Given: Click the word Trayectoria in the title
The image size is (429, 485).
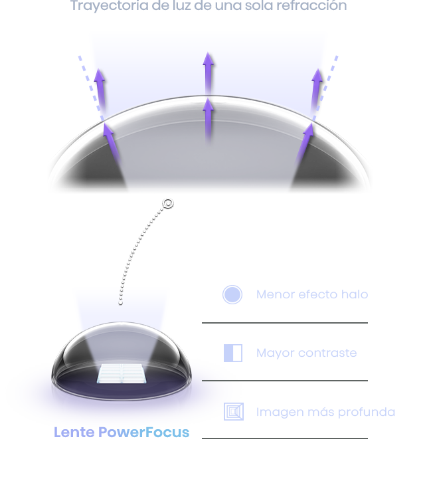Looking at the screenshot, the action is coord(109,5).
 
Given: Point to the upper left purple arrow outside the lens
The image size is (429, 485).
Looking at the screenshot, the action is coord(100,90).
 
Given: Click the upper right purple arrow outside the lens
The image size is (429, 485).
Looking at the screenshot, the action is coord(316,90).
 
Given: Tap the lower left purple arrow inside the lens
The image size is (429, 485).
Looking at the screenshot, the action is coord(111,142).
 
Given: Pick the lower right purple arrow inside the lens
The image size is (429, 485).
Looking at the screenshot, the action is coord(305,142).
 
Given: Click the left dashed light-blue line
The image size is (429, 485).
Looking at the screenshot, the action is coord(91,88).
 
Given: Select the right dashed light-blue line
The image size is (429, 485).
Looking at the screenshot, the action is coord(325,88).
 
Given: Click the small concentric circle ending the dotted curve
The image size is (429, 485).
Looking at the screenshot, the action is coord(168,203).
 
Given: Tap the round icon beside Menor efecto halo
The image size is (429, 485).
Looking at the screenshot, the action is coord(232,294).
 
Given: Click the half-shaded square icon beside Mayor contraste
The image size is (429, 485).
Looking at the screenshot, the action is coord(233,353).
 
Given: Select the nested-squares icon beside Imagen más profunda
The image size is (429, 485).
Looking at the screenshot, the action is coord(234,412).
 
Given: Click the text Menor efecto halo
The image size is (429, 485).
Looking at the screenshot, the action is coord(312,294).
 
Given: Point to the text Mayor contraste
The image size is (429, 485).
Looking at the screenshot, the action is coord(307,353).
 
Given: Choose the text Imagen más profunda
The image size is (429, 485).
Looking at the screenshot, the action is coord(326,412).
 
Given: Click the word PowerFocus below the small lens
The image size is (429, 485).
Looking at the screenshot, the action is coord(143,432).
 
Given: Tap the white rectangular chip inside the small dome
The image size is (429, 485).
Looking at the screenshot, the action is coord(122,373).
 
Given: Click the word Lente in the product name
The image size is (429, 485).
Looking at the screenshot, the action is coord(74,432).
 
